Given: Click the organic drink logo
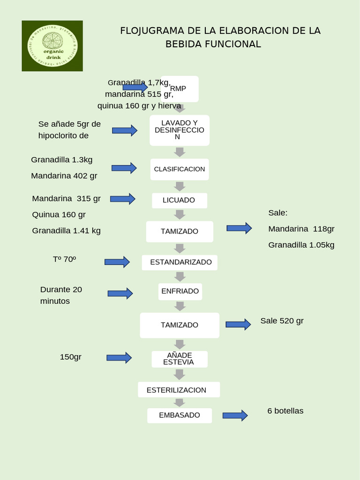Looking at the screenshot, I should [52, 46].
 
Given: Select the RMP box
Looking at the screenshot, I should [180, 89].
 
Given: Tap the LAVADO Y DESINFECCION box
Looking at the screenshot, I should [180, 130].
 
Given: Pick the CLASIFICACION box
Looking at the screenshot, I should [180, 169].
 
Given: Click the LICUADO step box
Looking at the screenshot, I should [180, 200].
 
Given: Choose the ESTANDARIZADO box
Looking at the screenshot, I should [180, 262].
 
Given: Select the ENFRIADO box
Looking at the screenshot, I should [180, 291].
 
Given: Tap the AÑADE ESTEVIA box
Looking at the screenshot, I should [180, 359].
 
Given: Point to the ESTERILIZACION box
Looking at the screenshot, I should [179, 390].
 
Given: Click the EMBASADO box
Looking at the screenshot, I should [180, 415].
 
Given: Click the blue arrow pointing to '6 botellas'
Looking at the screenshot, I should [235, 415].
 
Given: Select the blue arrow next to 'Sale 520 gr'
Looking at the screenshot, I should [238, 324].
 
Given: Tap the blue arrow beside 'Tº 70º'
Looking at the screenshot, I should [117, 262].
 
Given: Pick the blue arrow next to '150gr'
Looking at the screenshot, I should [119, 358].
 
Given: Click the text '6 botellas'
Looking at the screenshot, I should [285, 411].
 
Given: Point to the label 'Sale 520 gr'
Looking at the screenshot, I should [282, 321].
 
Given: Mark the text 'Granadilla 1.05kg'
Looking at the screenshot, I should [301, 245].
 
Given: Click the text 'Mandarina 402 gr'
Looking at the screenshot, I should [64, 176].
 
